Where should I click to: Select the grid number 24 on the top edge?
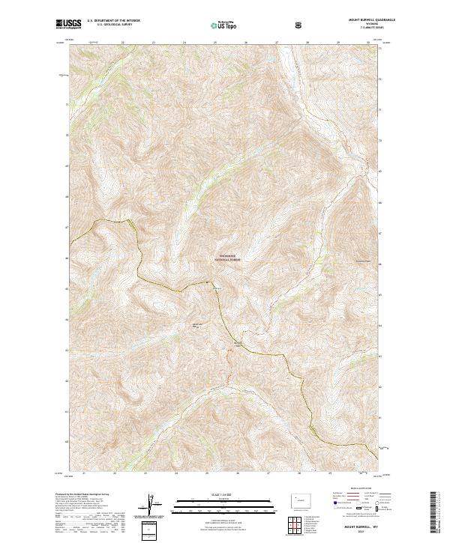(184, 42)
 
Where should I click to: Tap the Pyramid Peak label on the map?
(363, 261)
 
